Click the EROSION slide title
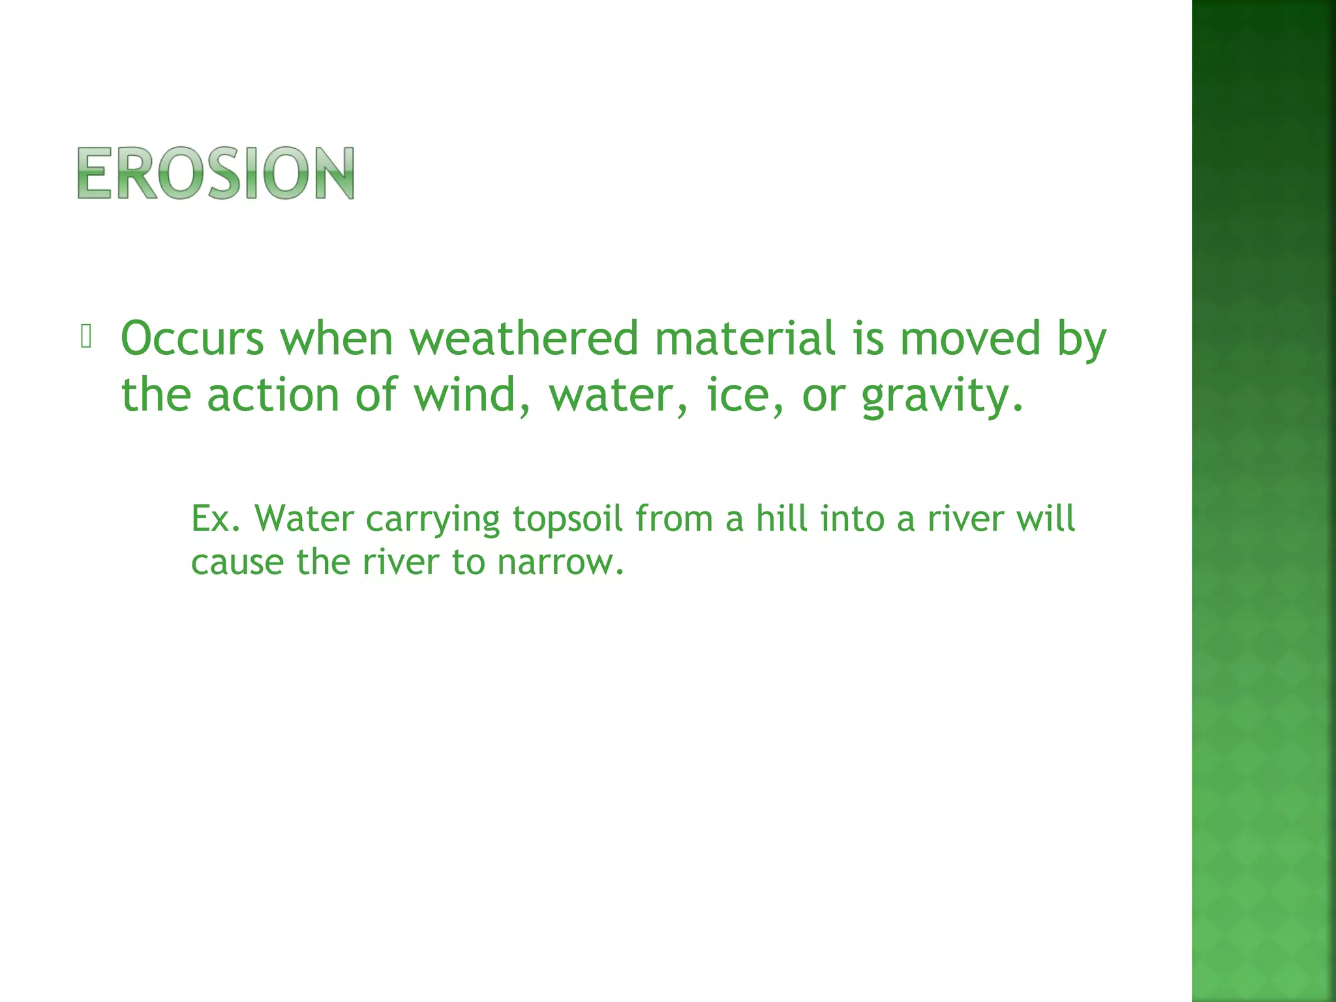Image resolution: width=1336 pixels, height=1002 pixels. coord(216,173)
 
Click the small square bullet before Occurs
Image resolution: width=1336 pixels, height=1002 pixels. coord(86,336)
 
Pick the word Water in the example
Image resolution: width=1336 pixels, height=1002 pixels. coord(304,519)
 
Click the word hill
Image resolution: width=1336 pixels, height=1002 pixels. coord(782,519)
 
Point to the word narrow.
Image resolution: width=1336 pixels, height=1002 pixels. coord(560,562)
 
